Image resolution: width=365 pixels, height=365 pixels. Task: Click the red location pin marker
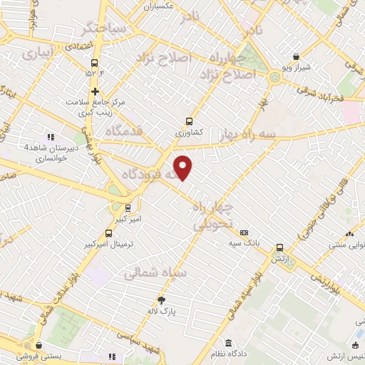pyautogui.click(x=184, y=167)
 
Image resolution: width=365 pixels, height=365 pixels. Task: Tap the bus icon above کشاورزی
pyautogui.click(x=189, y=121)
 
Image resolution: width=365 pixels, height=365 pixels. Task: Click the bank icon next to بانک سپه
pyautogui.click(x=245, y=232)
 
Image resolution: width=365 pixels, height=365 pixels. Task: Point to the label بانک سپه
pyautogui.click(x=245, y=243)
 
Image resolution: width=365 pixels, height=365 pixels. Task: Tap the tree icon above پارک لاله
pyautogui.click(x=162, y=300)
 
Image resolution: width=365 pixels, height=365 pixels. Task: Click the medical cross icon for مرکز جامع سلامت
pyautogui.click(x=95, y=91)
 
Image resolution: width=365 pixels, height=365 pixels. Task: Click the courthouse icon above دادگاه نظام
pyautogui.click(x=228, y=343)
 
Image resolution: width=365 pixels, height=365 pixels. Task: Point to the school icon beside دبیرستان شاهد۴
pyautogui.click(x=50, y=136)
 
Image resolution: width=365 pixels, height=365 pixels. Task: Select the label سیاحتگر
pyautogui.click(x=104, y=29)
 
